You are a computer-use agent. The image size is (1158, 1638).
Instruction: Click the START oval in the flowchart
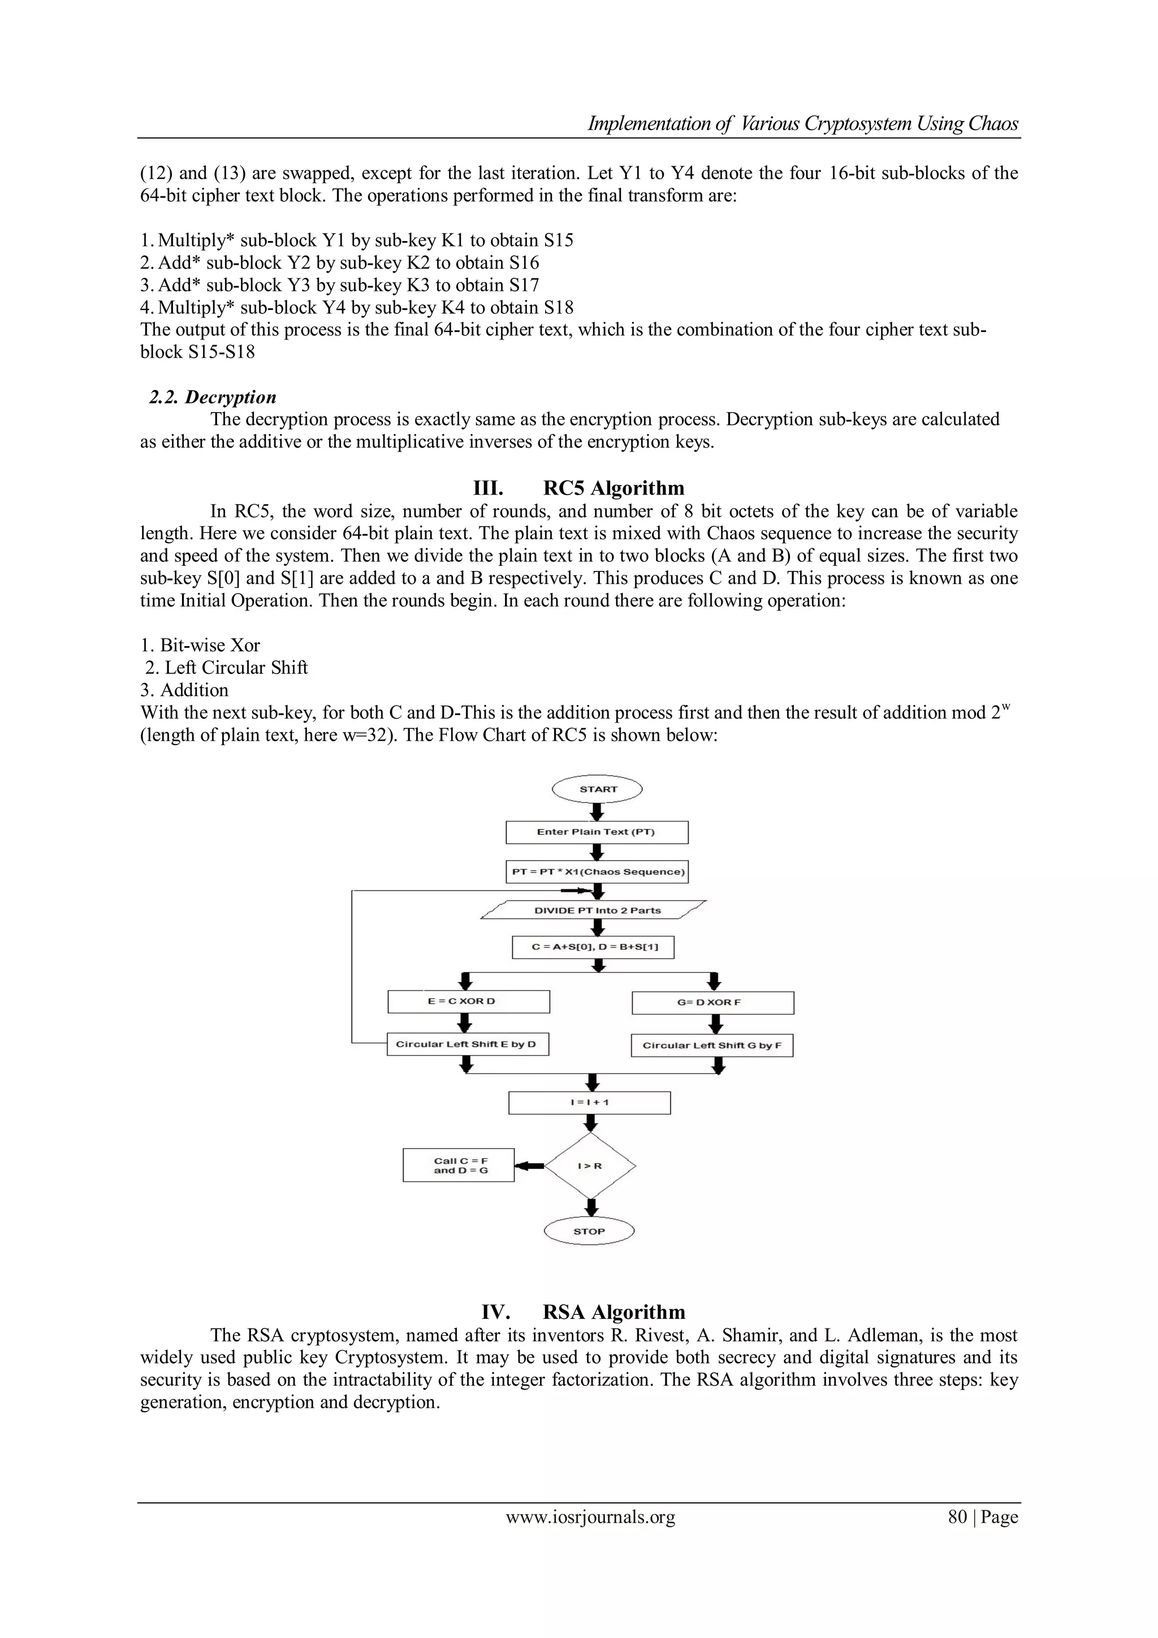coord(598,789)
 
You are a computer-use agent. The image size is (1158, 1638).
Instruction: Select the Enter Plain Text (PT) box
coord(597,832)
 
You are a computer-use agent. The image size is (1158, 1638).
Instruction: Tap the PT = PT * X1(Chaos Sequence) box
coord(598,872)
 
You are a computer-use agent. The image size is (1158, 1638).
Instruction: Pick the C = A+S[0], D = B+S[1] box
coord(593,947)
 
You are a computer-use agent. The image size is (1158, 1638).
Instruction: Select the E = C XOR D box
coord(469,1001)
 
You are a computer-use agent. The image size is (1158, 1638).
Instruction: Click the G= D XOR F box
coord(712,1003)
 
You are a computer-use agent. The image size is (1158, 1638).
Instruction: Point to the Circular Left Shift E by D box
coord(468,1044)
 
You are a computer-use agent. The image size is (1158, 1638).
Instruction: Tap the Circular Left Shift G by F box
coord(712,1046)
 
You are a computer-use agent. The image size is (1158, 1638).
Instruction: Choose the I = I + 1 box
coord(590,1102)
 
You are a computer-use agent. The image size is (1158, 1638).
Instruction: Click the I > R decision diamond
coord(590,1166)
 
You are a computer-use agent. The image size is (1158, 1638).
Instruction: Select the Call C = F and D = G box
coord(459,1165)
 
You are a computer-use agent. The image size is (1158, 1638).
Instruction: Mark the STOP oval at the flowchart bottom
coord(589,1231)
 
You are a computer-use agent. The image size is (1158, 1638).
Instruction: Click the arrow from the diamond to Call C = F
coord(529,1166)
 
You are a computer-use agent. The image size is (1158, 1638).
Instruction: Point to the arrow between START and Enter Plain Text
coord(598,812)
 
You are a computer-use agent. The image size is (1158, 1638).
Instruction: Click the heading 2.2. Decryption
coord(213,397)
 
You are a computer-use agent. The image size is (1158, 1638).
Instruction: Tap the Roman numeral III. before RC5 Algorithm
coord(489,489)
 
